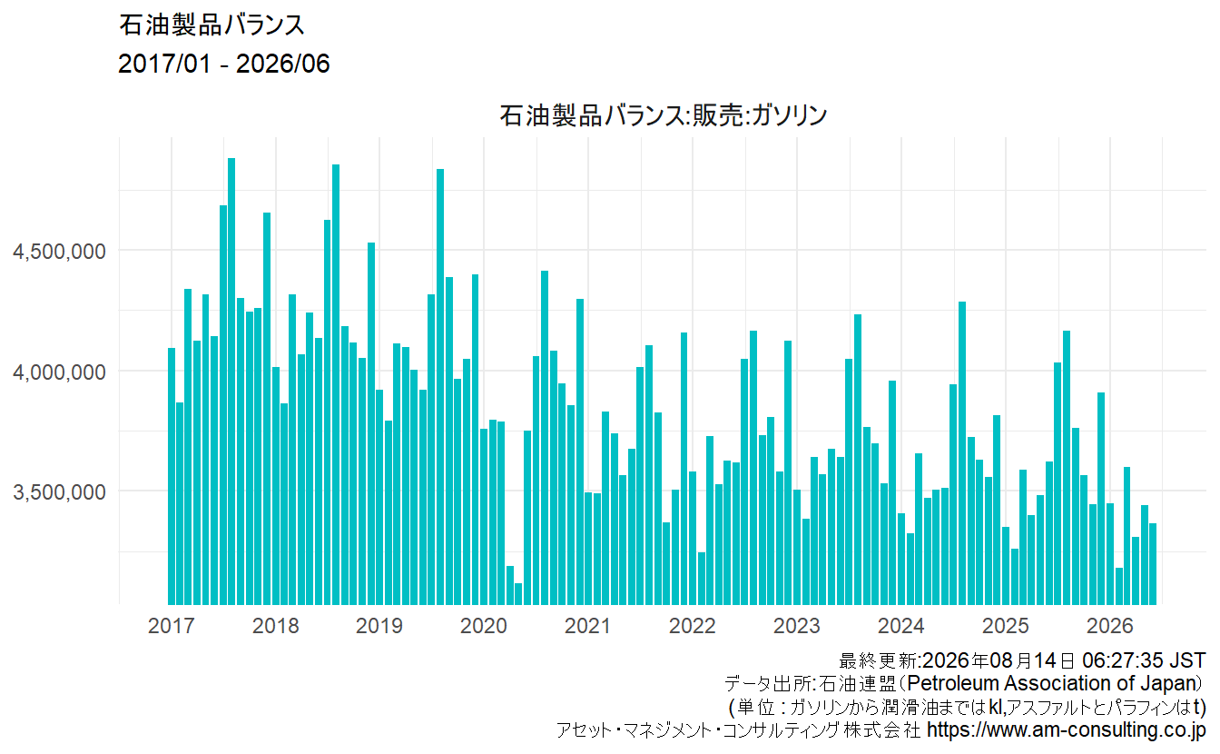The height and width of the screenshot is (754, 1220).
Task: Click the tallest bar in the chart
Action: tap(231, 382)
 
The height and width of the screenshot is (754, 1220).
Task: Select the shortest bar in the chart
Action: tap(518, 594)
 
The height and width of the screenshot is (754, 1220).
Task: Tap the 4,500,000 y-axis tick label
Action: tap(59, 252)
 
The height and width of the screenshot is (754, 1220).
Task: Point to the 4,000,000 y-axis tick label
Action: tap(59, 372)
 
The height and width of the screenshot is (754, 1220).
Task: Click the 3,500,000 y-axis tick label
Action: tap(59, 492)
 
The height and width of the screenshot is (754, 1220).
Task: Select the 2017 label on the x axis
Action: tap(171, 625)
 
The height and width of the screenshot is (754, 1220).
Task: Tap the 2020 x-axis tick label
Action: tap(484, 625)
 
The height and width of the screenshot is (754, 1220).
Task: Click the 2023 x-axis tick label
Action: tap(797, 625)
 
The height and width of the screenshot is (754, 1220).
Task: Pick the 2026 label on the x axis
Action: tap(1110, 625)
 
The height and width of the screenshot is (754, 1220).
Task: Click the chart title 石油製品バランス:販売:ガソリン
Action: tap(664, 115)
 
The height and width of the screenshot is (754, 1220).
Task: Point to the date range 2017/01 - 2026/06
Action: tap(224, 64)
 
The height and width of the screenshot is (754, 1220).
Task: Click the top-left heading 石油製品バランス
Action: tap(212, 25)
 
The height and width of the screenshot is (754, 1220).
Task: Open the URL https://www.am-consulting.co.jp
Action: tap(1066, 729)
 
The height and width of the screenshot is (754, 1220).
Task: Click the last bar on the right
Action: tap(1153, 564)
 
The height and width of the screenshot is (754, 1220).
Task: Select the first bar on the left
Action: tap(172, 476)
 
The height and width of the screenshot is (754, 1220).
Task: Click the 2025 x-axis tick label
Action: tap(1006, 625)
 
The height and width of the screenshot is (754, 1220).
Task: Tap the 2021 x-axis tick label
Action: tap(587, 625)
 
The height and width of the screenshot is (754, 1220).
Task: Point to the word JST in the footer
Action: tap(1188, 660)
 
